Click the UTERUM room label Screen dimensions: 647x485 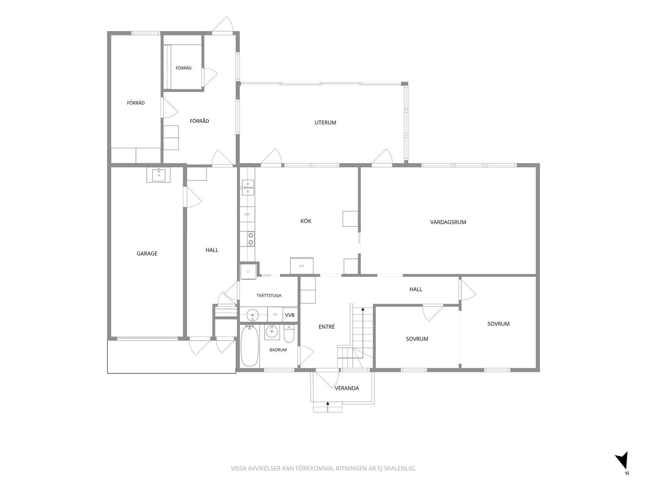(x=325, y=122)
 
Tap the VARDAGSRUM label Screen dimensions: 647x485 (x=448, y=222)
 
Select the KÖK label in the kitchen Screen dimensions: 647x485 (x=306, y=221)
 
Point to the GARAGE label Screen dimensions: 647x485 (x=147, y=253)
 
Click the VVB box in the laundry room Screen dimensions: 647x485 (x=290, y=315)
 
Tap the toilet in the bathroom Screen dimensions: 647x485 (x=289, y=334)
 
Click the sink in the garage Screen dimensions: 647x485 (x=159, y=175)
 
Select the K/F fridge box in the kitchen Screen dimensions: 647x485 (x=302, y=266)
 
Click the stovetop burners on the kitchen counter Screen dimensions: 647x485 (x=251, y=239)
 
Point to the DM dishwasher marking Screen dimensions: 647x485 (x=247, y=214)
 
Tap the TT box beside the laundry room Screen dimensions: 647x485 (x=248, y=271)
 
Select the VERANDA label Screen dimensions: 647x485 (x=347, y=388)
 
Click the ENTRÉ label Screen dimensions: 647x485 (x=327, y=326)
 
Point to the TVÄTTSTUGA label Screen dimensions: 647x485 (x=269, y=295)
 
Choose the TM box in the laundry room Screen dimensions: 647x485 (x=275, y=314)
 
